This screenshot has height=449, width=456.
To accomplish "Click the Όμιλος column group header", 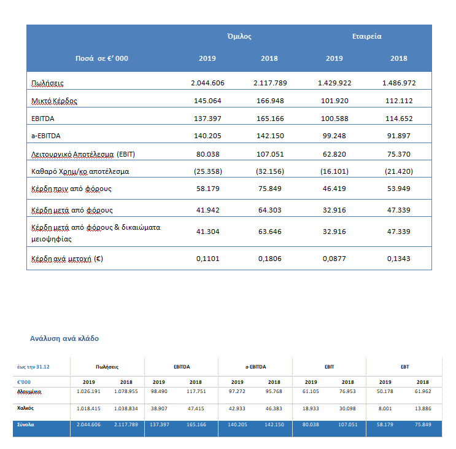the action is tap(239, 36).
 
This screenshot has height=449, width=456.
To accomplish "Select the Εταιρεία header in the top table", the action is tap(367, 36).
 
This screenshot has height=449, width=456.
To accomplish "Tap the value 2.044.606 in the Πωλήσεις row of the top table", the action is tap(207, 83).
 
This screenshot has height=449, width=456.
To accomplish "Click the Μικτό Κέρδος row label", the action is tap(54, 101).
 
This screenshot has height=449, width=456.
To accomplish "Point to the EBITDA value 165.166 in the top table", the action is tap(270, 119).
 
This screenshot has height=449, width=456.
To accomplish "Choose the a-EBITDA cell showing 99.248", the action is tap(334, 136).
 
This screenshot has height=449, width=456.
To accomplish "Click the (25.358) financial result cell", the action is tap(208, 171).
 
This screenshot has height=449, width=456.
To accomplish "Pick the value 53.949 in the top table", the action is tap(399, 189).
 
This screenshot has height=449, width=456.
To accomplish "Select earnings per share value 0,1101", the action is tap(207, 259).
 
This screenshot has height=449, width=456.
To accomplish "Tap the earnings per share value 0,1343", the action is tap(399, 259).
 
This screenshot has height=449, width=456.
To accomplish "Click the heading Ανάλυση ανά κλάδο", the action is tap(64, 338).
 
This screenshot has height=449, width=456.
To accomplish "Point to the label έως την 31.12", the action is tap(33, 367).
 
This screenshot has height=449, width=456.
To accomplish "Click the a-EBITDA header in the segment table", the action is tap(256, 367).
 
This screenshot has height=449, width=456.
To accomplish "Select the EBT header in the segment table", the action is tap(405, 367).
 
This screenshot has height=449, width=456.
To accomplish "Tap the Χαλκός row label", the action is tap(25, 408).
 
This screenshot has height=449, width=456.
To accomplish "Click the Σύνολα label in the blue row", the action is tap(26, 424).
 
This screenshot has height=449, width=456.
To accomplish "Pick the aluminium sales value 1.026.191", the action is tap(88, 391).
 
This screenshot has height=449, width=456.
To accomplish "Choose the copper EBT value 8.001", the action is tap(385, 408).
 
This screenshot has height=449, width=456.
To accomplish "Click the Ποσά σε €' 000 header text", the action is tap(102, 58).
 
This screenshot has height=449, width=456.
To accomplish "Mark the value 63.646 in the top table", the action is tap(270, 232).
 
